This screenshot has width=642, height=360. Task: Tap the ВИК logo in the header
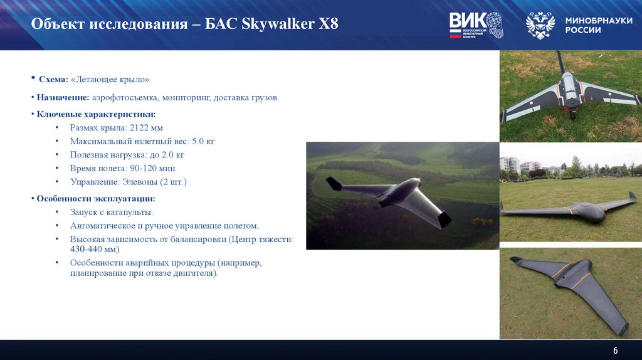click(475, 25)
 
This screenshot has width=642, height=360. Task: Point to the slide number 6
click(615, 350)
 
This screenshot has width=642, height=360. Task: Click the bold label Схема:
click(54, 80)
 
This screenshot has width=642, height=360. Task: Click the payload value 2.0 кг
click(171, 154)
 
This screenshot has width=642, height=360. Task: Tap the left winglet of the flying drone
click(334, 183)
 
